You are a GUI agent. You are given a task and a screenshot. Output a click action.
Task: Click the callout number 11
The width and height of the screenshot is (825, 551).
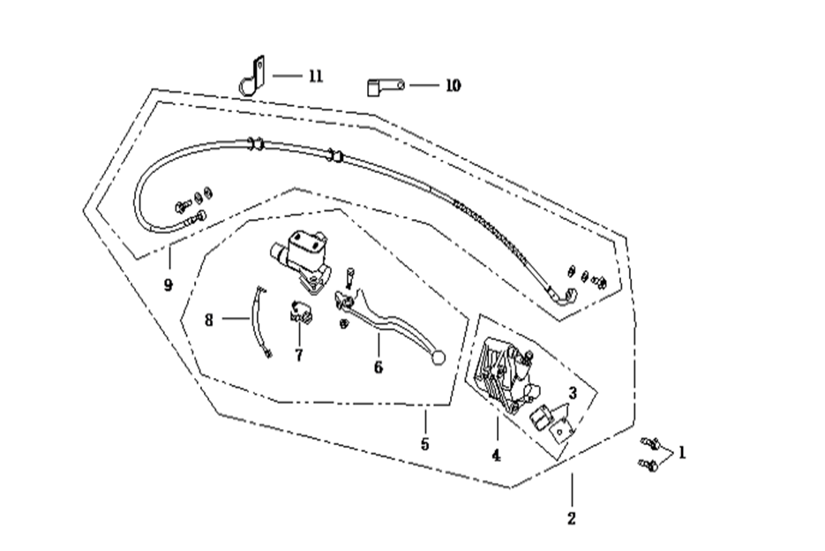(x=315, y=76)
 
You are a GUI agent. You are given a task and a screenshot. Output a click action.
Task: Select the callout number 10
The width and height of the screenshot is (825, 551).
(x=452, y=86)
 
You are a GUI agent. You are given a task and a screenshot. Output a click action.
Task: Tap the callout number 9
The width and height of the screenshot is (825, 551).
(x=168, y=284)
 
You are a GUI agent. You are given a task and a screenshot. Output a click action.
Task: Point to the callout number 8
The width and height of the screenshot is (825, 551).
(x=209, y=320)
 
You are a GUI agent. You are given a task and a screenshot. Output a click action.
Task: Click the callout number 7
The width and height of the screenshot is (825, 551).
(x=298, y=355)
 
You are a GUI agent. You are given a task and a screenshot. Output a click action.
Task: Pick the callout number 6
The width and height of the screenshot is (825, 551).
(x=379, y=366)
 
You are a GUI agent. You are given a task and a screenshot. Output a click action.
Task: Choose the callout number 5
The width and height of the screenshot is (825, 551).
(x=424, y=444)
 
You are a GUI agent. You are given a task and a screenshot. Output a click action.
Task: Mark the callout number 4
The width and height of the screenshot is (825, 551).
(x=496, y=456)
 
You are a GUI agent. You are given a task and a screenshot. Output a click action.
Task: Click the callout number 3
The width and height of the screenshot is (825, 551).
(x=572, y=393)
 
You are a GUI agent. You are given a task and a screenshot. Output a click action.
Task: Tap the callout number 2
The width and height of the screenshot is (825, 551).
(x=571, y=518)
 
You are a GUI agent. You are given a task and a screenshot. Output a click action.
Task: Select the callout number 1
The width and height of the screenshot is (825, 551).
(x=681, y=453)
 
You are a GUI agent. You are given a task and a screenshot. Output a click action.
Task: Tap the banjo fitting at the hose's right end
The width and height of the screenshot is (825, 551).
(x=567, y=296)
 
